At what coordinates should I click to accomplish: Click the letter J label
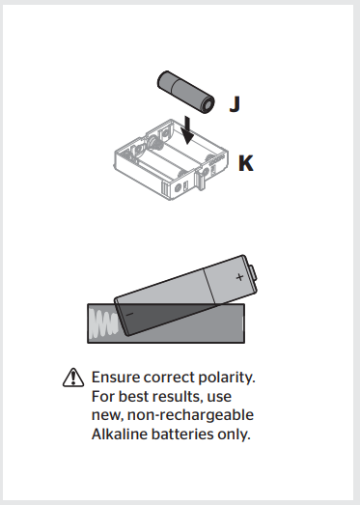[x=235, y=103]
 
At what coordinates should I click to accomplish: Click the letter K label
[x=246, y=163]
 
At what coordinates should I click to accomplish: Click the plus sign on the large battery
[x=239, y=276]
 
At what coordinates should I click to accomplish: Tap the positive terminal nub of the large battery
[x=254, y=271]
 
